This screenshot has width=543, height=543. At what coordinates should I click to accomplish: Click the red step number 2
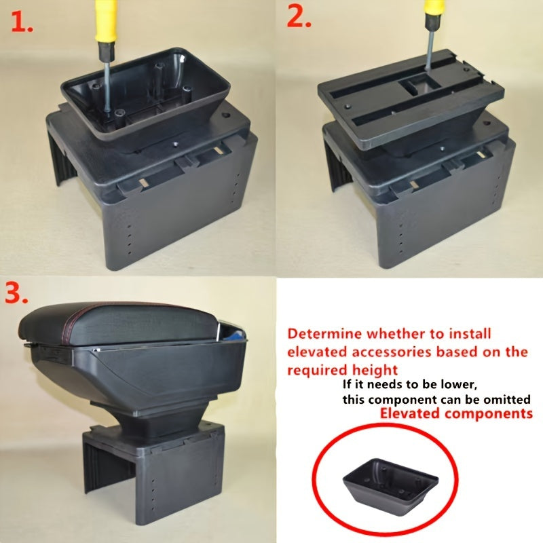298,19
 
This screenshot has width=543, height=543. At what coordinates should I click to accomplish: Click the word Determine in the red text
325,334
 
